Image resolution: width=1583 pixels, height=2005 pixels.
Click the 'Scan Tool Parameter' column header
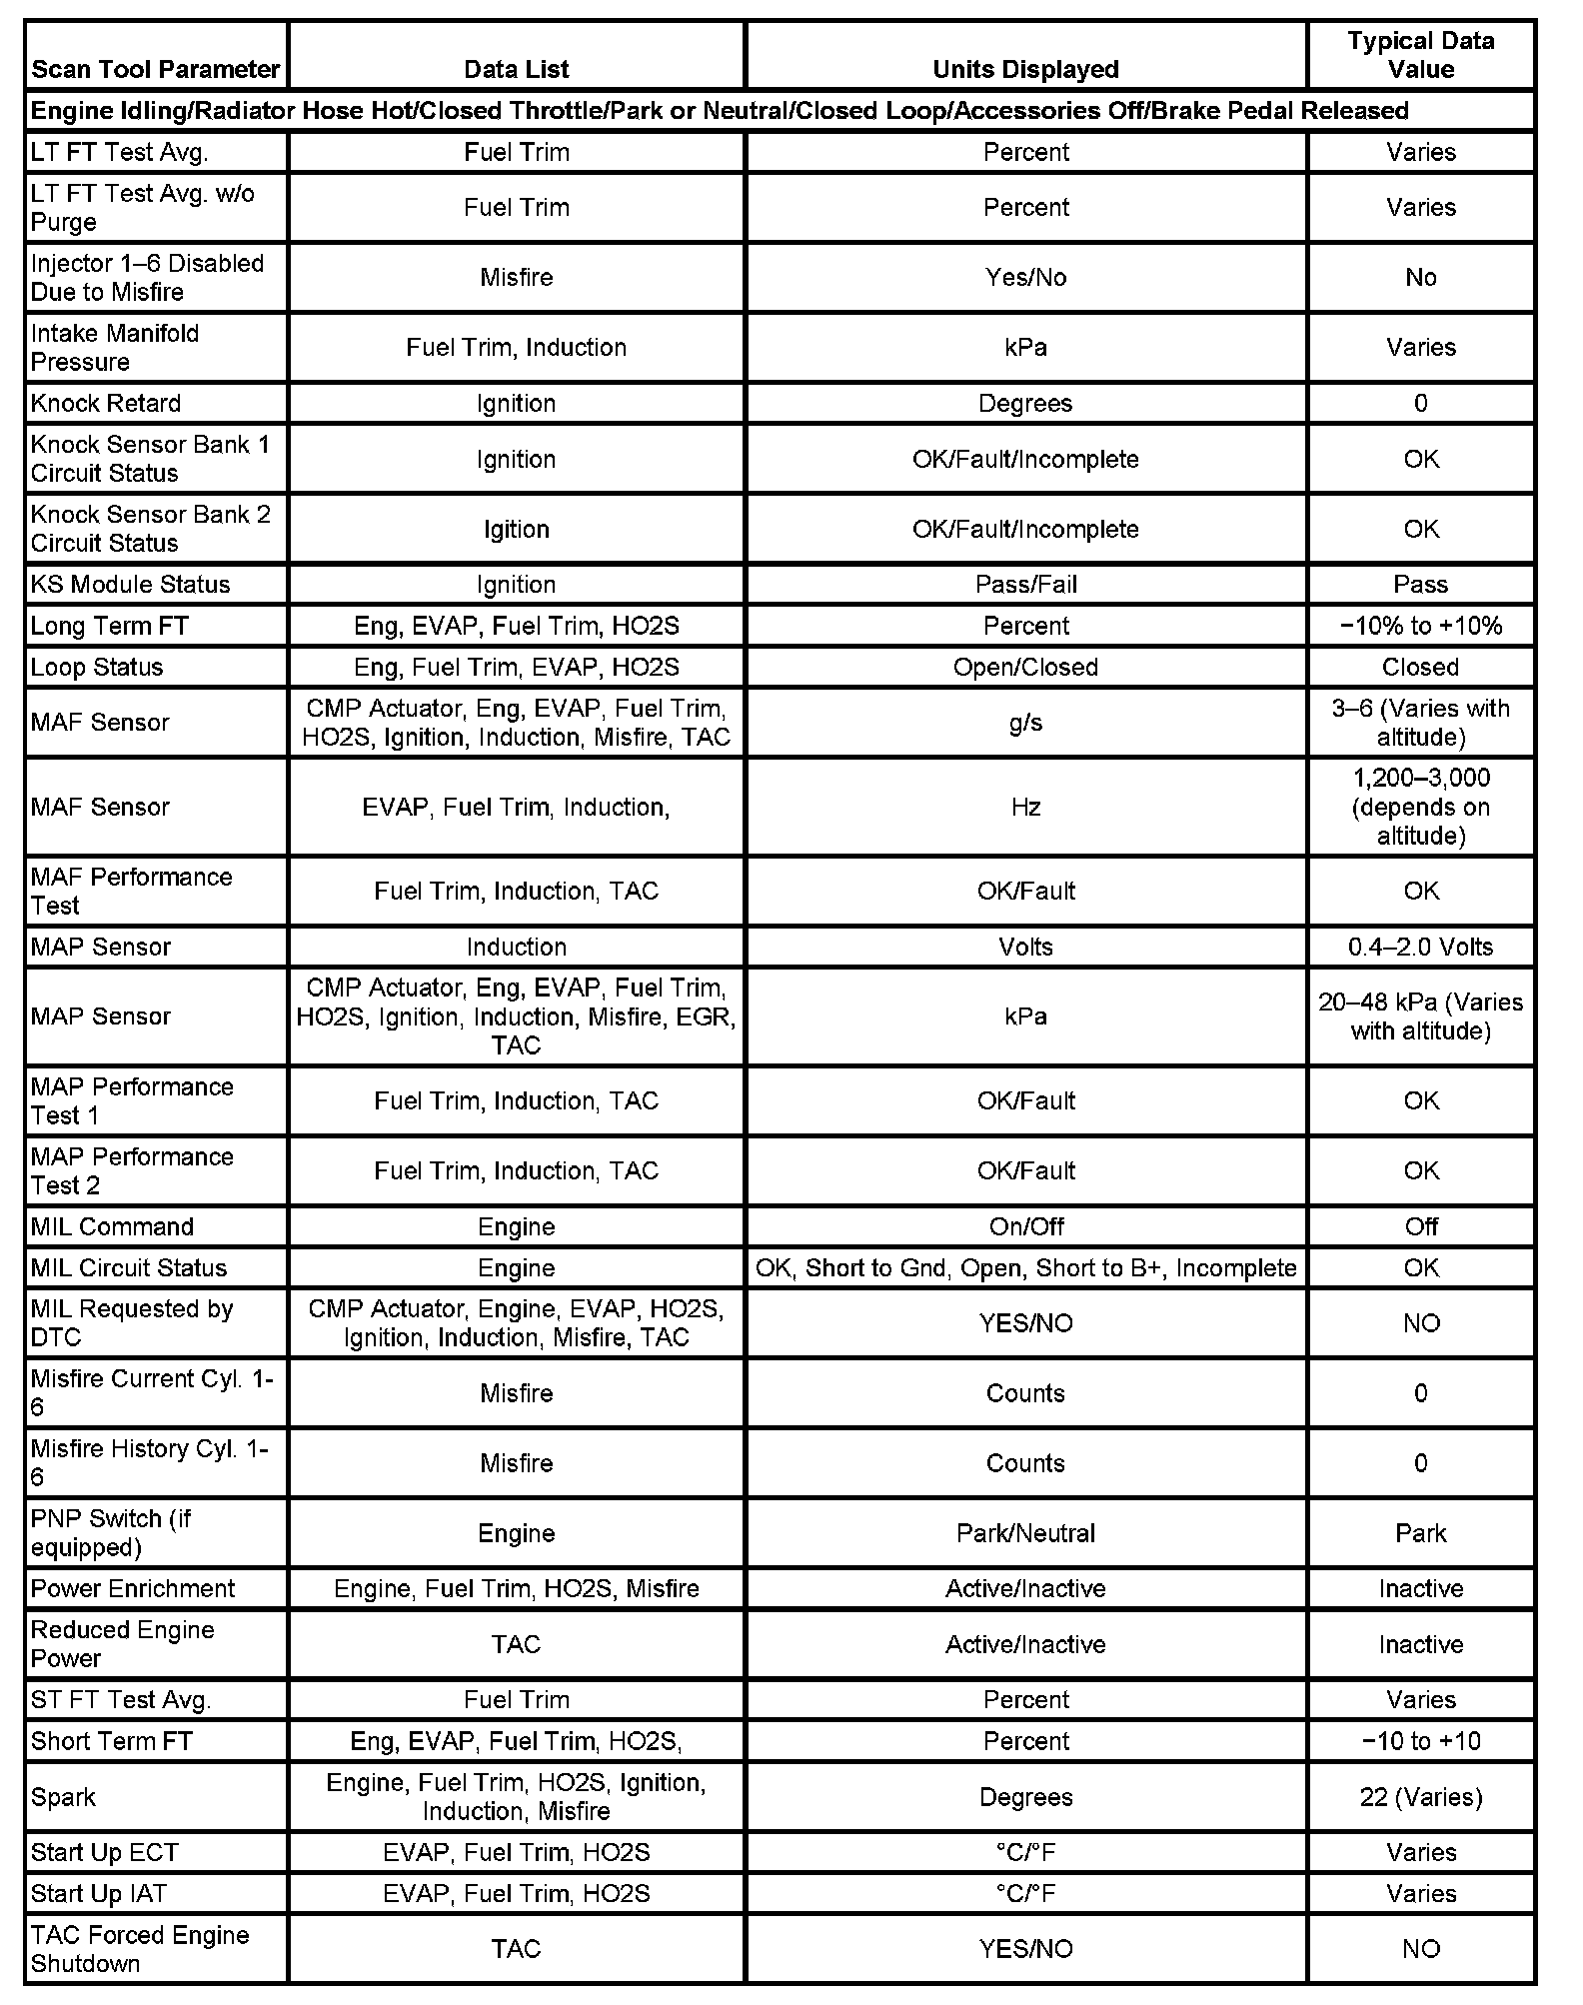point(155,69)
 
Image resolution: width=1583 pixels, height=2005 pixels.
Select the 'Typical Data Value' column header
point(1420,55)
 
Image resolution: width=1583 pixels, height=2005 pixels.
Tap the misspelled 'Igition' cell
point(516,529)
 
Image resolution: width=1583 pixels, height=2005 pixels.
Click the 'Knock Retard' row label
point(106,403)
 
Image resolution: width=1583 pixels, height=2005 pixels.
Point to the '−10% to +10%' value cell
point(1420,626)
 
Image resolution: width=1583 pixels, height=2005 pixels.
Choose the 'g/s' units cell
point(1025,723)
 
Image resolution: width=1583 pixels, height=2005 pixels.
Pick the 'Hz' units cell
point(1025,807)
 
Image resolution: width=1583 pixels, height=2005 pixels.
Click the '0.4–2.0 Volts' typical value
point(1420,947)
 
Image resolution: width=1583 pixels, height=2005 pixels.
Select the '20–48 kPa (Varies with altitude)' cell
point(1420,1016)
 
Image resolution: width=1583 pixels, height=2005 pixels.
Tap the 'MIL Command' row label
point(112,1226)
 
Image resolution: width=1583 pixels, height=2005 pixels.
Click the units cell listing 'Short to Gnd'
point(1025,1267)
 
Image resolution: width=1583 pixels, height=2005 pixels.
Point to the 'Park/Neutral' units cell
point(1025,1533)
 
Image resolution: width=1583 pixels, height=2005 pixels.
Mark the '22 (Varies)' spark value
point(1420,1797)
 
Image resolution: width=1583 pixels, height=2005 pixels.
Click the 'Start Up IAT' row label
point(99,1893)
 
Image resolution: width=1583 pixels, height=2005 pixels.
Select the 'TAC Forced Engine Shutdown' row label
point(140,1948)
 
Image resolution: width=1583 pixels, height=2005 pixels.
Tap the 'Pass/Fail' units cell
point(1025,584)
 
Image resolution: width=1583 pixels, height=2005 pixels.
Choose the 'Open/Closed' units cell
point(1025,667)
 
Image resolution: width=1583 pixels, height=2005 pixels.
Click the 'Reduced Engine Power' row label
point(123,1644)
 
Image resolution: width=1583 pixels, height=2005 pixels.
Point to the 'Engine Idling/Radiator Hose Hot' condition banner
point(720,110)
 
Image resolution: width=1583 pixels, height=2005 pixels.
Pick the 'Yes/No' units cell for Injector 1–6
point(1025,277)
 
